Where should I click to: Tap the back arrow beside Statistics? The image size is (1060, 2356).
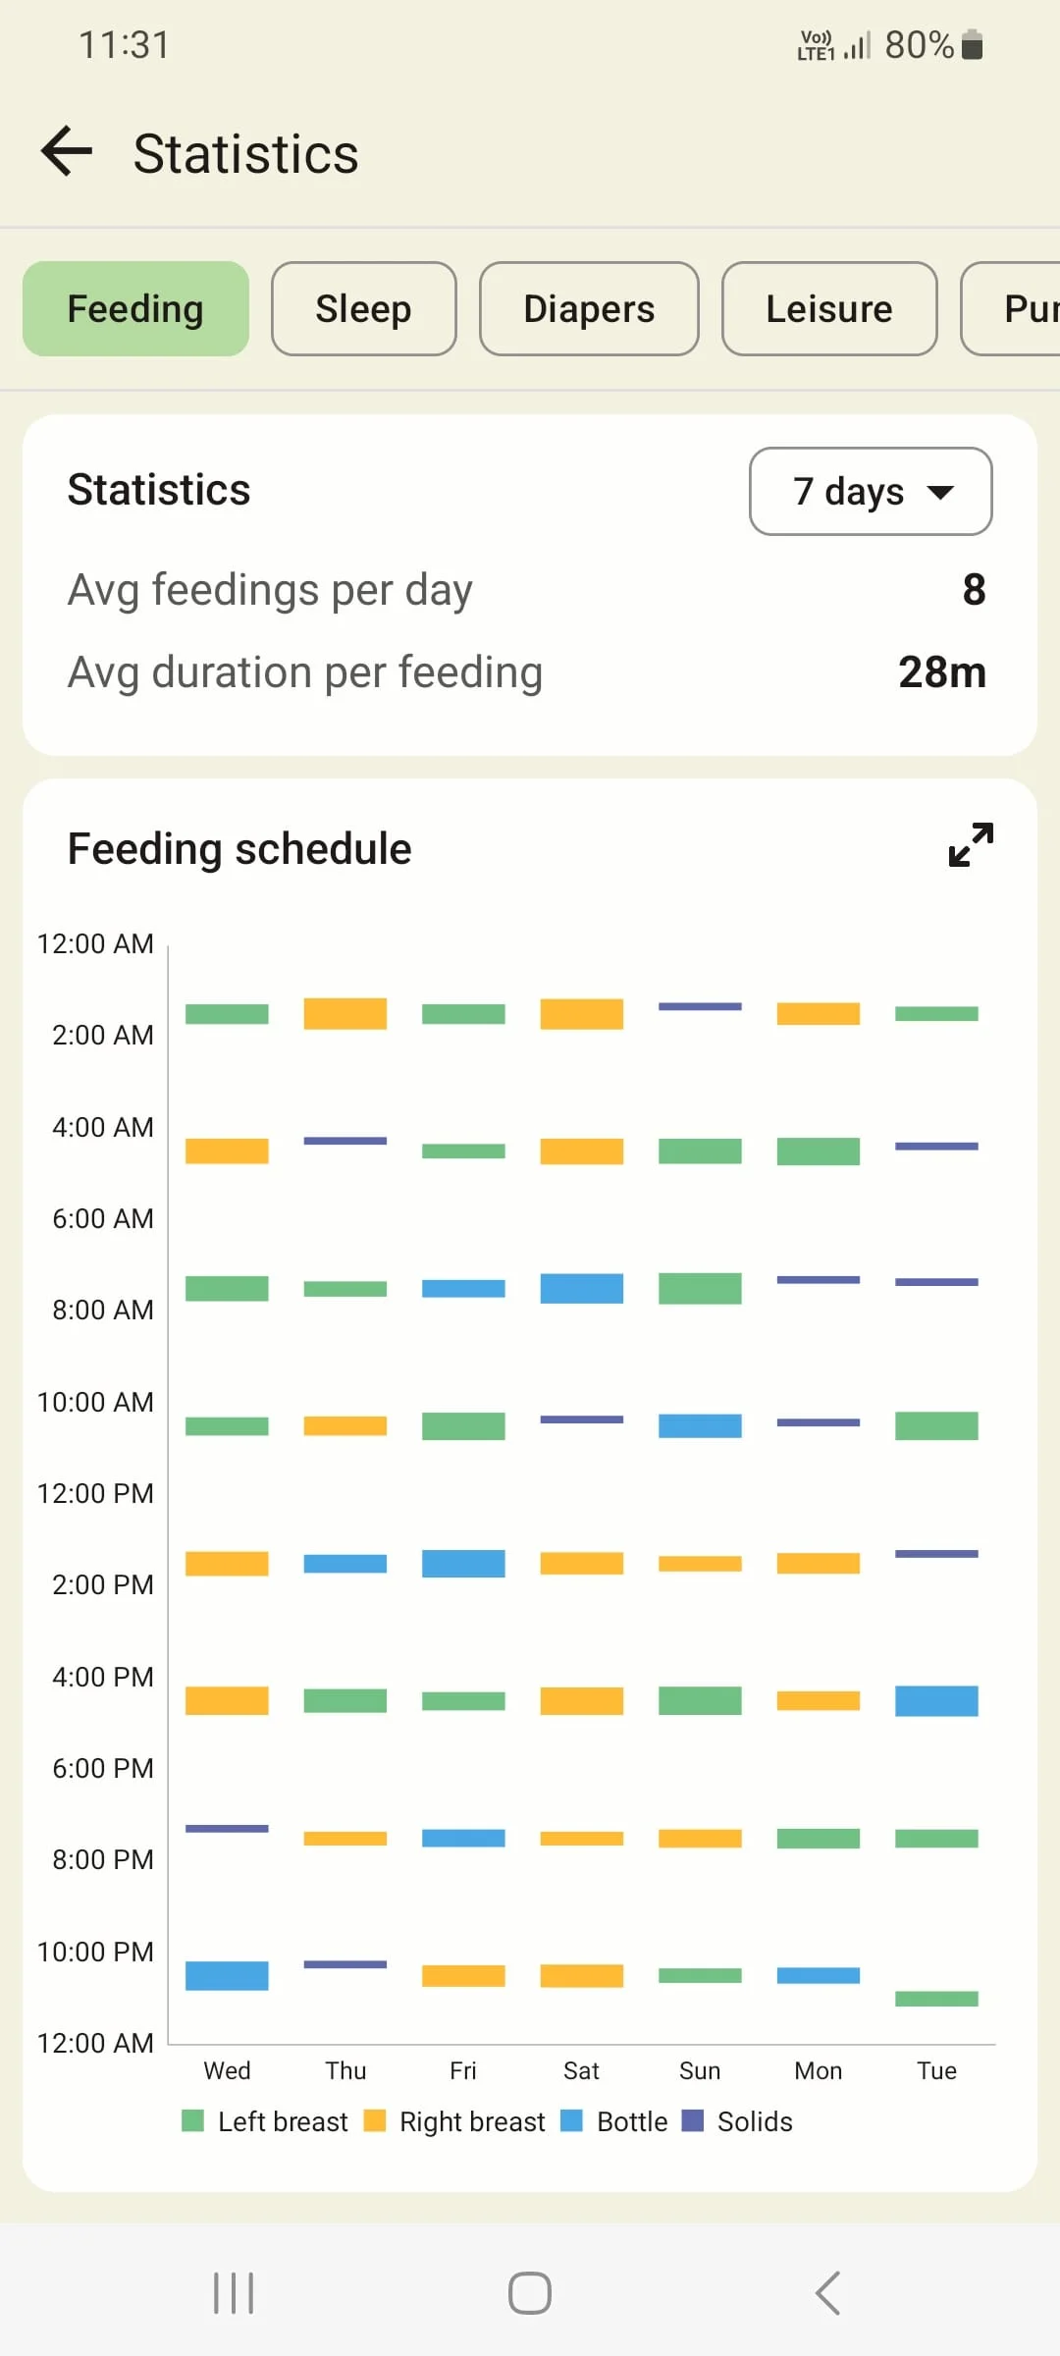pos(67,152)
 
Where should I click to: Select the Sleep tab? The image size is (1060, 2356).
pos(363,309)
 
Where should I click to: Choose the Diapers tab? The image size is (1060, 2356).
pos(589,309)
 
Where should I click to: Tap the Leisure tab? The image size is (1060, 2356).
pos(829,309)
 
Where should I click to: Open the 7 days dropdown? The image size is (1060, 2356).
pos(871,491)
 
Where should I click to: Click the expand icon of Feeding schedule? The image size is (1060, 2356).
pos(971,845)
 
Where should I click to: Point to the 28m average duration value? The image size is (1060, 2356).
pos(941,672)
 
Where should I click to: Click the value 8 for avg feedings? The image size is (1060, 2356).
pos(973,590)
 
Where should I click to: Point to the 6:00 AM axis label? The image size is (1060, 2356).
pos(103,1218)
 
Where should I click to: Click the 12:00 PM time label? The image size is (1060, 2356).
pos(96,1493)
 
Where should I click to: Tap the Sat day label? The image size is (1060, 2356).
pos(581,2070)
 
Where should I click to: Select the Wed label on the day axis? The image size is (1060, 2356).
pos(227,2070)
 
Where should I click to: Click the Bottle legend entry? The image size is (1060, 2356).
pos(615,2121)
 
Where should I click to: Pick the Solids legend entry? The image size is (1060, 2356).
pos(738,2121)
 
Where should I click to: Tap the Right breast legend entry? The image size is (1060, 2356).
pos(455,2121)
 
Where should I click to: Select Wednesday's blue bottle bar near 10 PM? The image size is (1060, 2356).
pos(227,1975)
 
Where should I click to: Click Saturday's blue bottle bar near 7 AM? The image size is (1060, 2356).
pos(581,1288)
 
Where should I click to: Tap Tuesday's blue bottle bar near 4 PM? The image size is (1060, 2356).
pos(936,1700)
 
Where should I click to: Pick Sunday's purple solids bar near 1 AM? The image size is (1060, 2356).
pos(700,1006)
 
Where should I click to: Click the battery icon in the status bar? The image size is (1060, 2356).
pos(972,45)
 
